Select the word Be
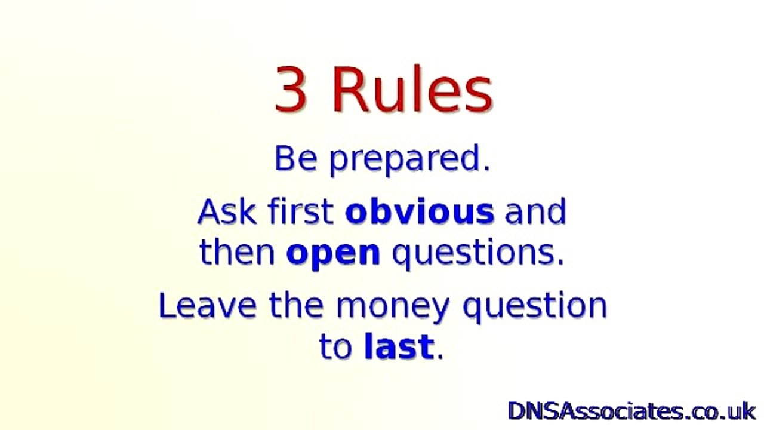pos(295,159)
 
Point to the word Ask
pos(227,211)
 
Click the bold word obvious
pos(420,211)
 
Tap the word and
pos(535,211)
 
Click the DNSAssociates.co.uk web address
pos(631,411)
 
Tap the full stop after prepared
pos(486,169)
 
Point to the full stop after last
pos(440,357)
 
